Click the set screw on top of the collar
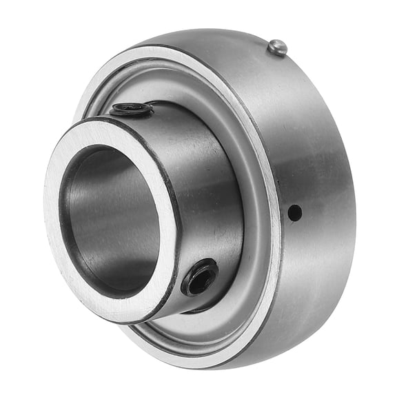(132, 109)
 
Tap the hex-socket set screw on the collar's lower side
(200, 276)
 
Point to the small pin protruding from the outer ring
(277, 47)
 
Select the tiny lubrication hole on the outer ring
(294, 213)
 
